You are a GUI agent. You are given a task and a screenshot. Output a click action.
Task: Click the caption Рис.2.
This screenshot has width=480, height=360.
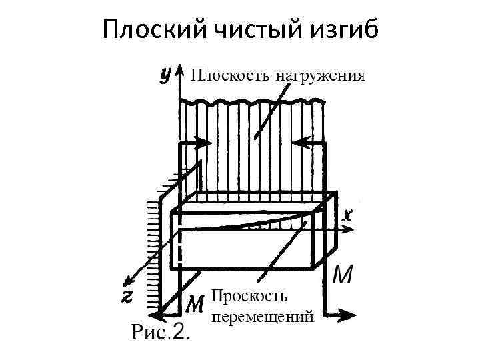(x=160, y=331)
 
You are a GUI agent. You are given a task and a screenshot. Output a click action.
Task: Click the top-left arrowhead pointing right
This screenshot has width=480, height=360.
(x=203, y=142)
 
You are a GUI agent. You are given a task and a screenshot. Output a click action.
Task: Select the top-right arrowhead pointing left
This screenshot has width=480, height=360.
(x=298, y=142)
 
